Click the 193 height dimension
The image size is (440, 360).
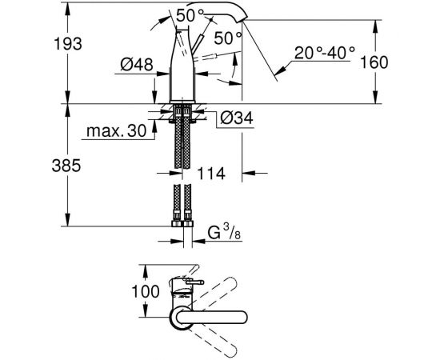68,44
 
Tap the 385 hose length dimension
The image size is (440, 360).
66,166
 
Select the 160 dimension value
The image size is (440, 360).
374,62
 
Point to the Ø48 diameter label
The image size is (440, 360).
137,65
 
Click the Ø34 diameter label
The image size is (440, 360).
237,118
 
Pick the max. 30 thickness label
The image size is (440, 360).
117,130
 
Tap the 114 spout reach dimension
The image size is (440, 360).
211,174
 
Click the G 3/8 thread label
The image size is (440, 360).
224,232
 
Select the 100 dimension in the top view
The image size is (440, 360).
146,291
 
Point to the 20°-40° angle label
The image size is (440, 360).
325,53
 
